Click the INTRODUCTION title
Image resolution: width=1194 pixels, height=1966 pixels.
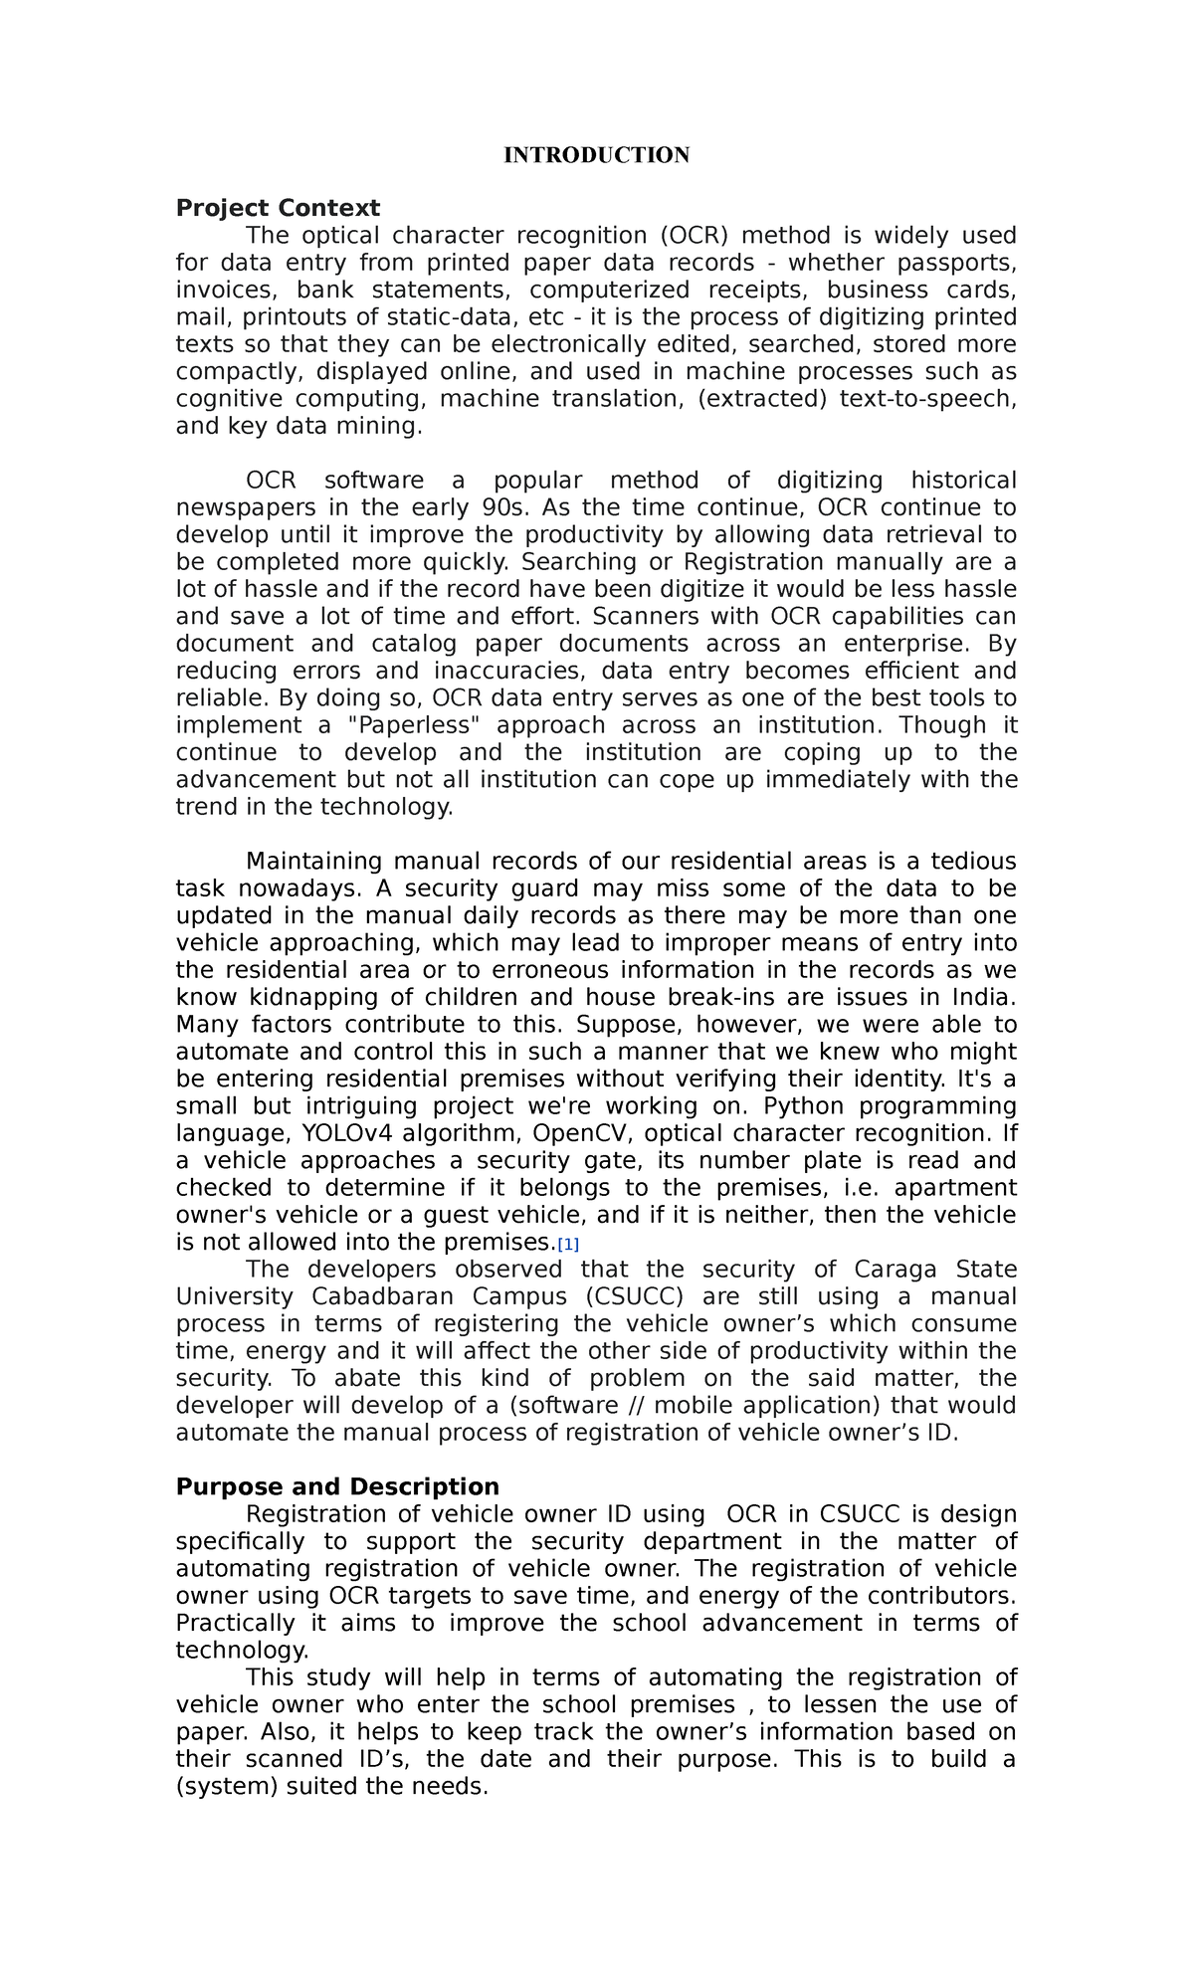point(596,155)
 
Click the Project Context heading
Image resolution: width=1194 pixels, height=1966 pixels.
point(278,208)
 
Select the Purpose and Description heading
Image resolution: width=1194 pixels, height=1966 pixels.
point(337,1486)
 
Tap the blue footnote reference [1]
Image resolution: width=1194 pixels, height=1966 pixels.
point(568,1245)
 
